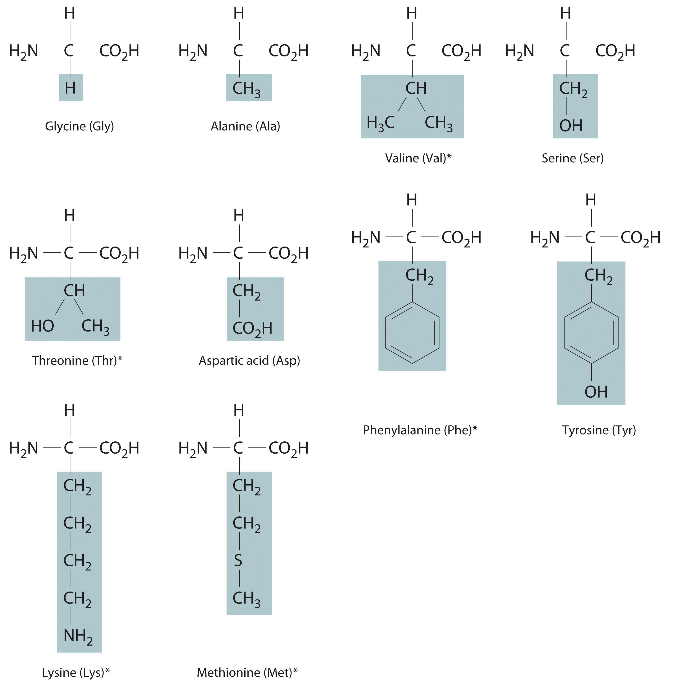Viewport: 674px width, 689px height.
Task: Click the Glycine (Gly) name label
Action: click(79, 126)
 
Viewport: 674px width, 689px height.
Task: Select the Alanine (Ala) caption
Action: click(245, 126)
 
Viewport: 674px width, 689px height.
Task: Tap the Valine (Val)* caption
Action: click(418, 158)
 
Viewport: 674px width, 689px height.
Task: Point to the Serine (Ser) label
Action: click(572, 158)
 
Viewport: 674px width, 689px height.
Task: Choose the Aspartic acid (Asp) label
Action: click(249, 360)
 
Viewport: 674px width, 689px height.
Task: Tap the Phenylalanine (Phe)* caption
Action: click(420, 430)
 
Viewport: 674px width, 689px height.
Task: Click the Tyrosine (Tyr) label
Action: click(599, 430)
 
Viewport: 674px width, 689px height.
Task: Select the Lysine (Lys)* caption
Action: click(76, 672)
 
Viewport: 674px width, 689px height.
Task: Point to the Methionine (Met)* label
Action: click(247, 672)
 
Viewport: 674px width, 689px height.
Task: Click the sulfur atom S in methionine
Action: click(238, 561)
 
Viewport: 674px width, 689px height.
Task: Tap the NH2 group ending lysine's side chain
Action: click(78, 636)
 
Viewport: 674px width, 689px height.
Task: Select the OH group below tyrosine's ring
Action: click(596, 392)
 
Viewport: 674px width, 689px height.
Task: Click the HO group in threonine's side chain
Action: click(42, 326)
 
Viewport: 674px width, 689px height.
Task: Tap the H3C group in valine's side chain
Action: click(380, 123)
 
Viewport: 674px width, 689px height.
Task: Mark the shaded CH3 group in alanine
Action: click(246, 88)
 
